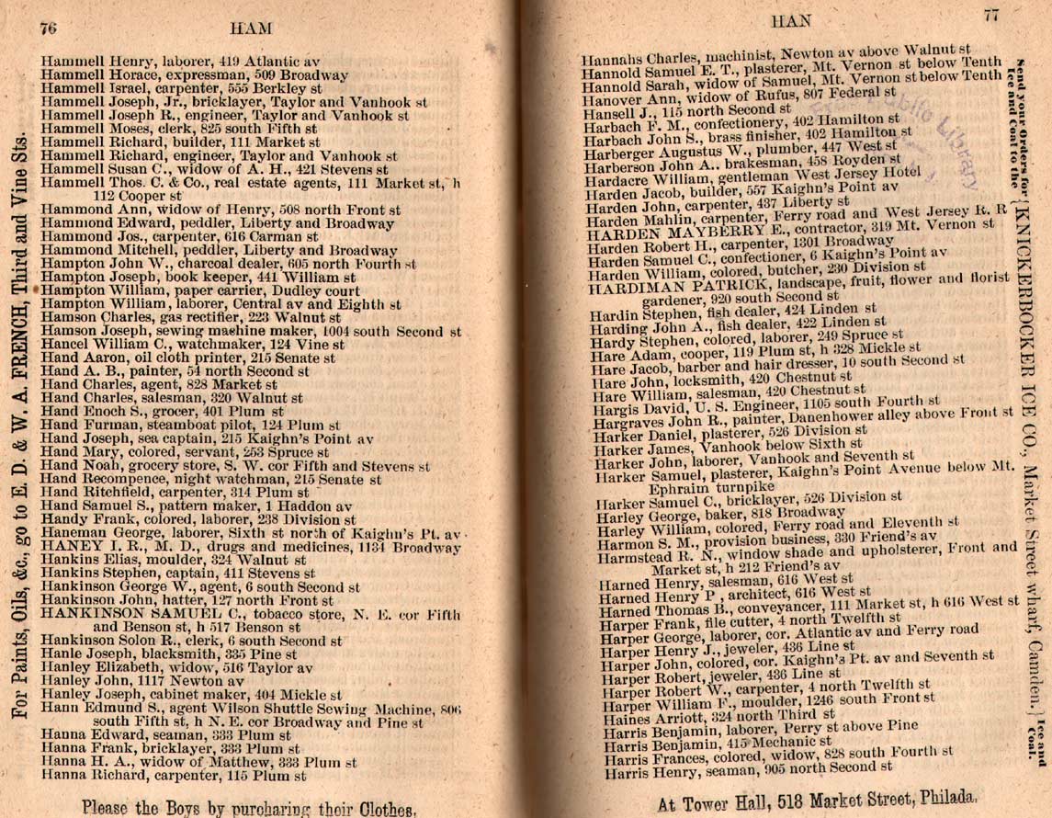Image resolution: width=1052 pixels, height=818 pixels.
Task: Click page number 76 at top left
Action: coord(47,28)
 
